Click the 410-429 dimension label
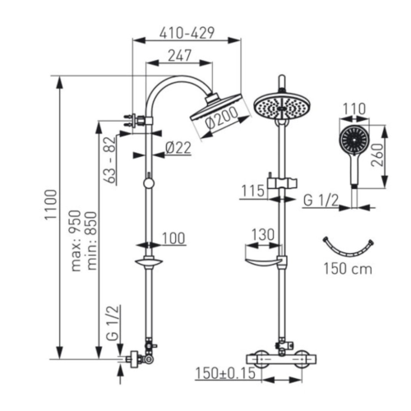pyautogui.click(x=187, y=33)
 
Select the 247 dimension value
pyautogui.click(x=179, y=56)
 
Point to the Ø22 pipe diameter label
pyautogui.click(x=178, y=148)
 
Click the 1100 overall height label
pyautogui.click(x=51, y=204)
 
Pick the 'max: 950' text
pyautogui.click(x=76, y=241)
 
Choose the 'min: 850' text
pyautogui.click(x=91, y=241)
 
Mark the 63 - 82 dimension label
pyautogui.click(x=110, y=161)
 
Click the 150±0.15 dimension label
pyautogui.click(x=225, y=373)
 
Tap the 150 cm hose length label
pyautogui.click(x=348, y=269)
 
